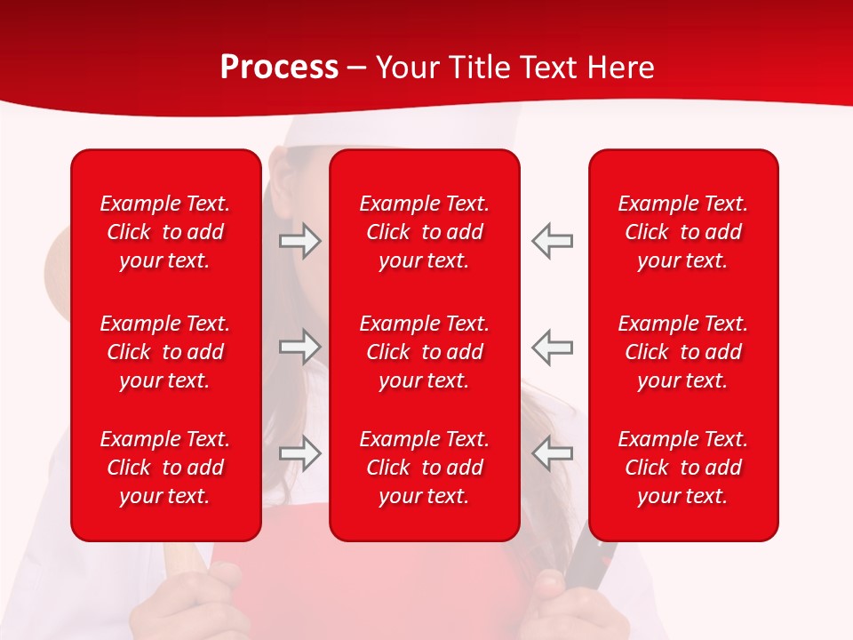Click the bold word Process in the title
(x=279, y=68)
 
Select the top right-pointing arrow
(x=299, y=241)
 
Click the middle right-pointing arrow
(x=299, y=347)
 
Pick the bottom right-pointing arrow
(x=299, y=452)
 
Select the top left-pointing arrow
(x=552, y=241)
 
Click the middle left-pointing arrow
(x=552, y=347)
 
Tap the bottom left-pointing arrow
(x=552, y=452)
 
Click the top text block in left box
(x=165, y=232)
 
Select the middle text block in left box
(x=165, y=352)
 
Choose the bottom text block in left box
(x=165, y=468)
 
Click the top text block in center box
(x=425, y=232)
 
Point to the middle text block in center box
(x=425, y=352)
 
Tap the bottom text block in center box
(x=425, y=468)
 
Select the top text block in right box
(x=683, y=232)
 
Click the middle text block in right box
(x=683, y=352)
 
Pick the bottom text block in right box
(x=683, y=468)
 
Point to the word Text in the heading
(x=548, y=68)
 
